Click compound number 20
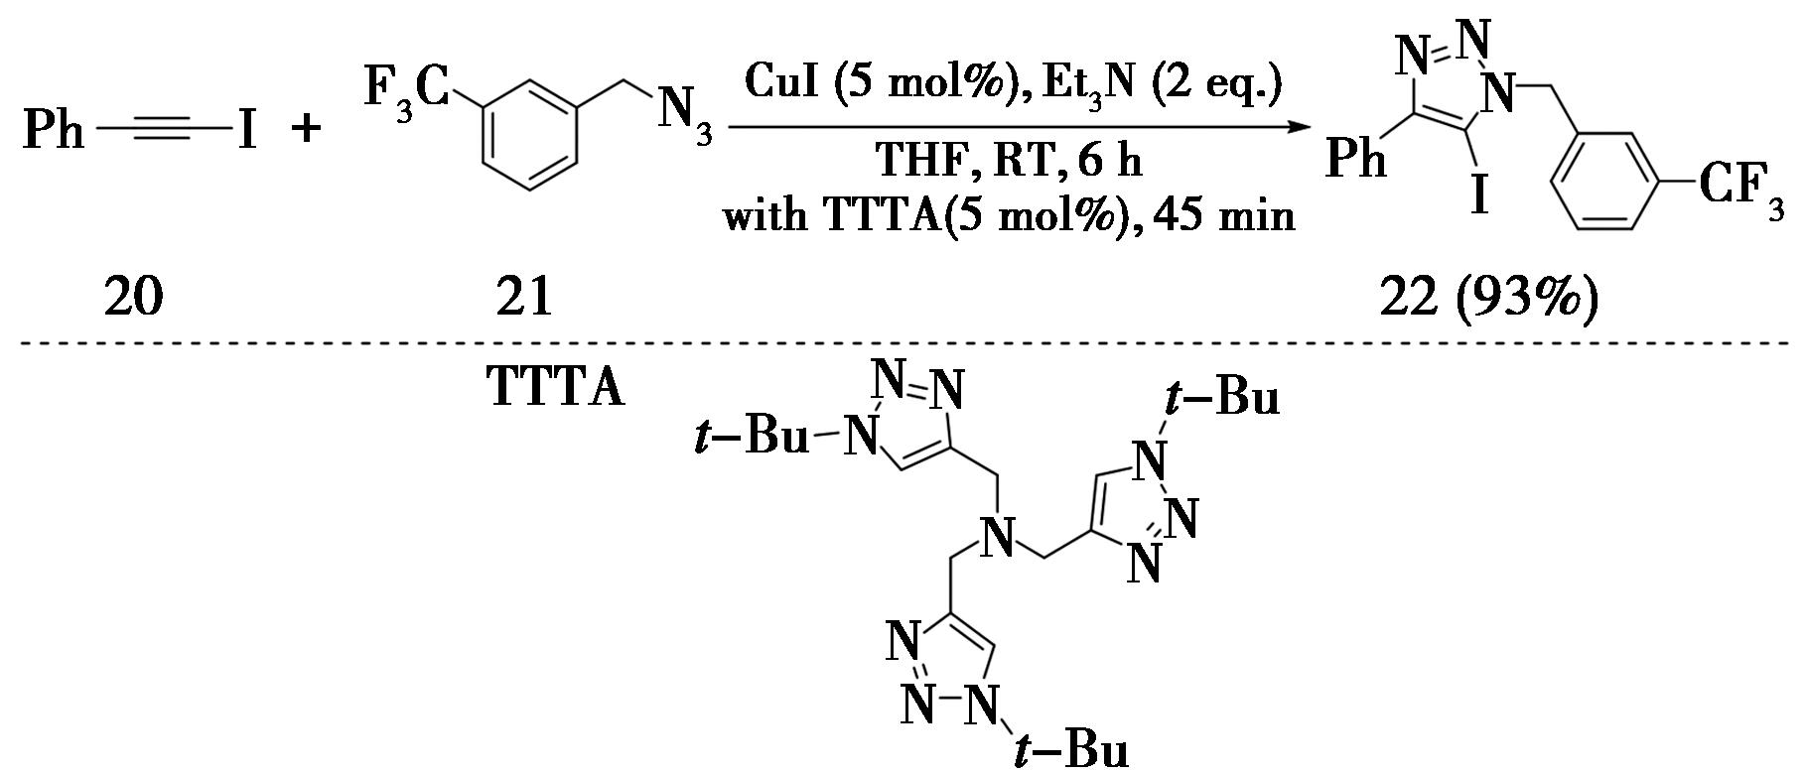point(133,296)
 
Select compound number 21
point(524,296)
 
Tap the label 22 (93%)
point(1489,296)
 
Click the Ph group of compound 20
point(55,130)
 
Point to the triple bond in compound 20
point(164,129)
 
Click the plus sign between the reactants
point(307,129)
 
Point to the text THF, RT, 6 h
point(1009,159)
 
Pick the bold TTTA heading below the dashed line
point(556,388)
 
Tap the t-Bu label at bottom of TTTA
point(1072,749)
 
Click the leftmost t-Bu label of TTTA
point(753,437)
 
